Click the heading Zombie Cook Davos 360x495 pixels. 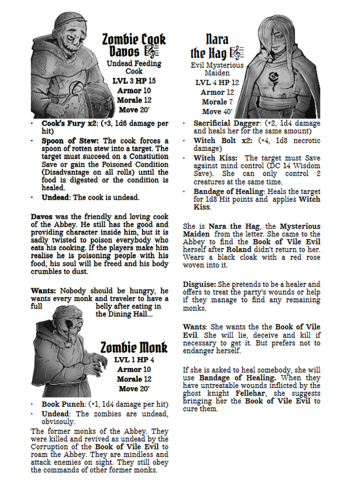pyautogui.click(x=134, y=45)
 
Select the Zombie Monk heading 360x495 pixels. pyautogui.click(x=134, y=347)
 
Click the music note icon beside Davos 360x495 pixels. pyautogui.click(x=151, y=51)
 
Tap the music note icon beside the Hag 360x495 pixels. pyautogui.click(x=238, y=52)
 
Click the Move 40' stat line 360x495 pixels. pyautogui.click(x=217, y=111)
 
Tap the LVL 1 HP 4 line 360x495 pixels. pyautogui.click(x=134, y=359)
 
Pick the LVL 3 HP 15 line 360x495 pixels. pyautogui.click(x=134, y=81)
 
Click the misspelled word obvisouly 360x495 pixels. pyautogui.click(x=58, y=422)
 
